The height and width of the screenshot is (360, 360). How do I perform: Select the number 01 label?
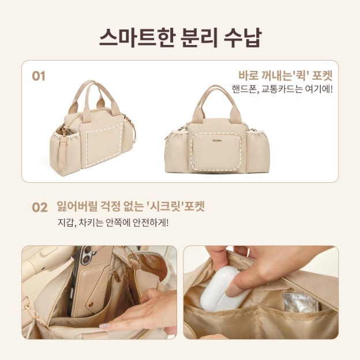38,76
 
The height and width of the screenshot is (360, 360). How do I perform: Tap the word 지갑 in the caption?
66,223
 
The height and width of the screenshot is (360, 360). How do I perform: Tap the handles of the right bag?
217,98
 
